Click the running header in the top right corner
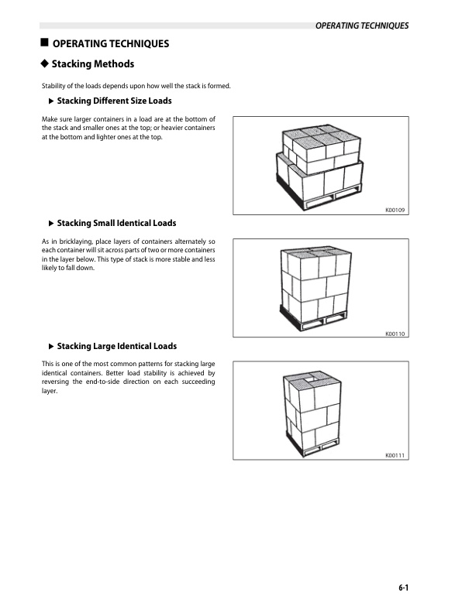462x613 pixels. coord(361,26)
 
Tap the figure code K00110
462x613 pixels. coord(395,334)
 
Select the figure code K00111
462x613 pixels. coord(395,456)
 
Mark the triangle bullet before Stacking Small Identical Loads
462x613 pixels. coord(51,224)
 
